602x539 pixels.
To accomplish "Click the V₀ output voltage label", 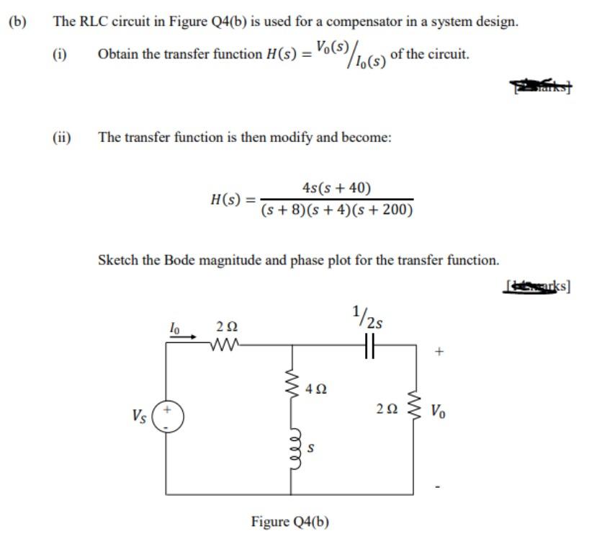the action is [439, 411].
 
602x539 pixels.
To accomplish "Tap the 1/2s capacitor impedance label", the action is [372, 318].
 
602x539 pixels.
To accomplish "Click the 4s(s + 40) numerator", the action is [337, 189].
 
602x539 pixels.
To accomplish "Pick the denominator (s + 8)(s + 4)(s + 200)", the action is [337, 210].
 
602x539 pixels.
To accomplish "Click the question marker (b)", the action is [17, 21].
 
